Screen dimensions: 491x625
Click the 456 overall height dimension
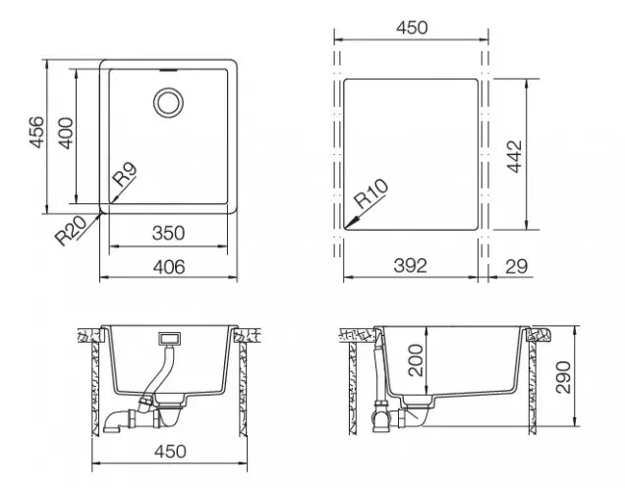point(35,135)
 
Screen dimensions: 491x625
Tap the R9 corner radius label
point(124,177)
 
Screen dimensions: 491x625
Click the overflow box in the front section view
point(170,339)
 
